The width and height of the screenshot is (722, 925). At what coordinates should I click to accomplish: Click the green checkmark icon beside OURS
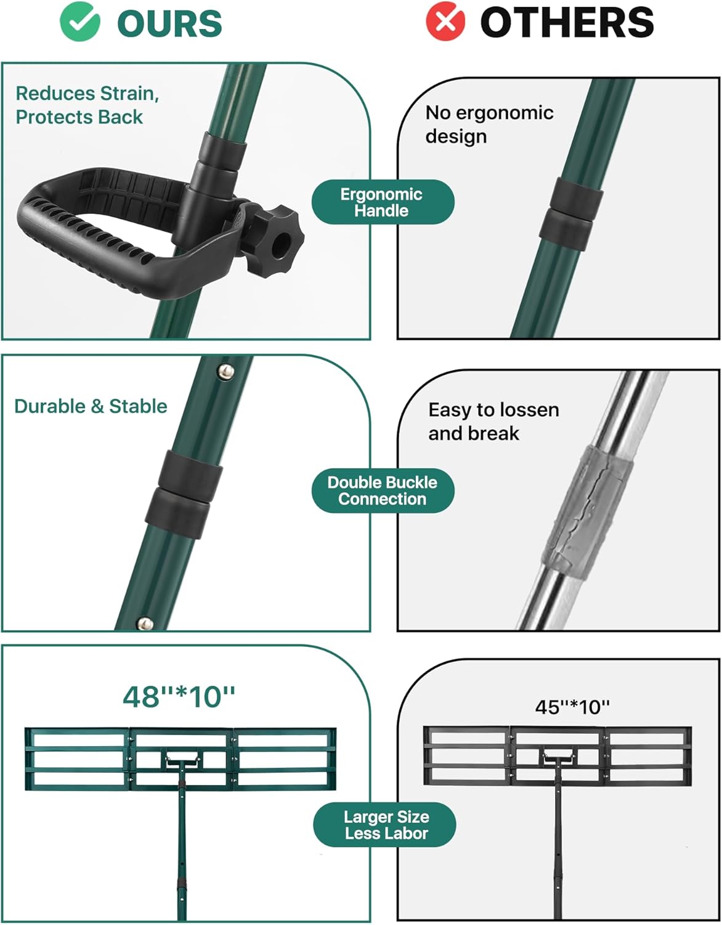click(79, 22)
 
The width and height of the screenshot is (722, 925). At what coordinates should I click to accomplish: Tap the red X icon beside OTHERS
click(445, 22)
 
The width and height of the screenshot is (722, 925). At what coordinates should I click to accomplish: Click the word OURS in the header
click(169, 23)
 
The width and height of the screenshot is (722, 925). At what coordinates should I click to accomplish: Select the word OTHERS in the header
click(566, 23)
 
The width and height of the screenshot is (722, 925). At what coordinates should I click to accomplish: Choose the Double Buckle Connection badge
click(383, 491)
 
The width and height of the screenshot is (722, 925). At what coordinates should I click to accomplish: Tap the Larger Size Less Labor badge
click(385, 825)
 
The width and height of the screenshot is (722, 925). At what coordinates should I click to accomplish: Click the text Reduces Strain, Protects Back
click(87, 105)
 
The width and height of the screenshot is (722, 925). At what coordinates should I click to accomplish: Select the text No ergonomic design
click(489, 124)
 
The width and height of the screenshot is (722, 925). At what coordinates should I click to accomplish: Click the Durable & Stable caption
click(91, 406)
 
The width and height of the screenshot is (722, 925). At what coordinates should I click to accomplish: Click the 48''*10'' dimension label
click(179, 697)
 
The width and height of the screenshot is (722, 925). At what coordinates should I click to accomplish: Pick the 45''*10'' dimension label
click(572, 707)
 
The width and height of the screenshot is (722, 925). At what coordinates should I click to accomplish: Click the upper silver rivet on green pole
click(227, 371)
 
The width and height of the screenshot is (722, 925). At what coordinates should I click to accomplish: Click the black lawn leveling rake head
click(558, 755)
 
